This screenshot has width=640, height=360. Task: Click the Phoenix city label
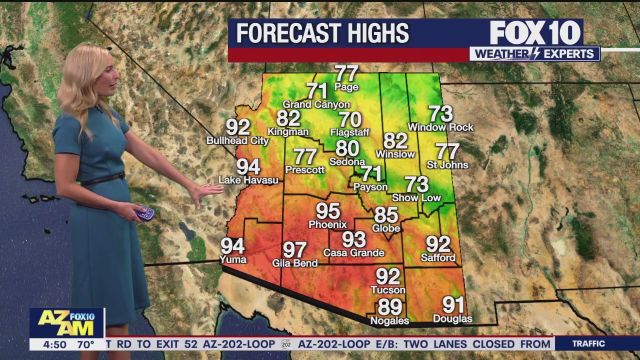point(327,224)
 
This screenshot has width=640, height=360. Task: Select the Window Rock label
point(440,127)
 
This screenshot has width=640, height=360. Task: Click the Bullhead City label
point(237,141)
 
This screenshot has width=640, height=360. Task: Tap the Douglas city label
point(452,319)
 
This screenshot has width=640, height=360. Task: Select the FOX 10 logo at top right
point(535,33)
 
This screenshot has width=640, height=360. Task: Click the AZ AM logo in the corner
point(66,323)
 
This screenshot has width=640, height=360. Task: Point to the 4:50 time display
point(54,344)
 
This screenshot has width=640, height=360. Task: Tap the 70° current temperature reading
point(85,344)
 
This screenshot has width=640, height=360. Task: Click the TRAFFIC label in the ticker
point(588,344)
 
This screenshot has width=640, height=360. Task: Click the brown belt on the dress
point(102,179)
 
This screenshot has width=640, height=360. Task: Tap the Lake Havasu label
point(248,180)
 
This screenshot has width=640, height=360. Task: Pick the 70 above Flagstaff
point(350,120)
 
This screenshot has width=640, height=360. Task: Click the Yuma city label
point(233,259)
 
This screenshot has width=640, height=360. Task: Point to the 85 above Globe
point(386,215)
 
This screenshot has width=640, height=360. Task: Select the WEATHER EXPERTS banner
point(534,54)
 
